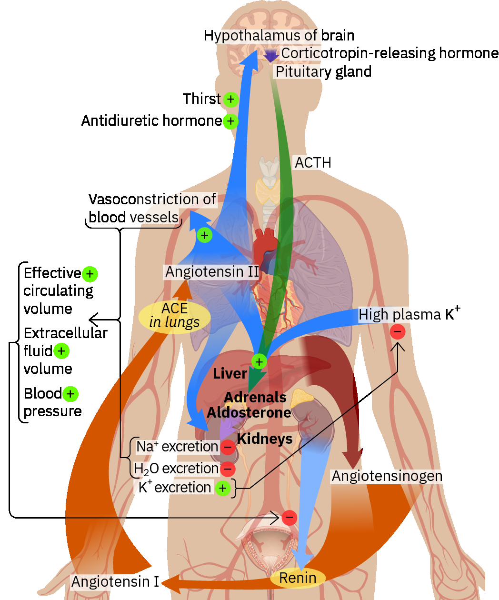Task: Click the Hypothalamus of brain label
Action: pyautogui.click(x=279, y=36)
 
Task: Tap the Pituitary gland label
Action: pyautogui.click(x=323, y=72)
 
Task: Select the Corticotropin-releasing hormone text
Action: pyautogui.click(x=389, y=53)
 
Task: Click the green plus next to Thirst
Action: pyautogui.click(x=230, y=100)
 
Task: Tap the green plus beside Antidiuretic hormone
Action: pyautogui.click(x=230, y=121)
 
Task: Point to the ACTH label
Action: pyautogui.click(x=313, y=163)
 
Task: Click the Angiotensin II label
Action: pyautogui.click(x=212, y=272)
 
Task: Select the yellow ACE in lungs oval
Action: pyautogui.click(x=174, y=316)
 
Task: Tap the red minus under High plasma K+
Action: pyautogui.click(x=398, y=331)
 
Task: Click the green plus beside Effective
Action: pyautogui.click(x=90, y=274)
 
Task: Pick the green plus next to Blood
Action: pyautogui.click(x=70, y=394)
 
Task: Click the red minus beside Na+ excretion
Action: pyautogui.click(x=228, y=447)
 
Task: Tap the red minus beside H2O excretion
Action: pyautogui.click(x=228, y=469)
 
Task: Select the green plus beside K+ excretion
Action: pyautogui.click(x=222, y=488)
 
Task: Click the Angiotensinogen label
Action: pyautogui.click(x=387, y=476)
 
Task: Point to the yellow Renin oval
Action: pyautogui.click(x=298, y=578)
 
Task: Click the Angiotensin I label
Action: pyautogui.click(x=115, y=582)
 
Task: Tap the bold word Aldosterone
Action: pyautogui.click(x=249, y=413)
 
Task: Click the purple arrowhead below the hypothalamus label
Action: pyautogui.click(x=271, y=56)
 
